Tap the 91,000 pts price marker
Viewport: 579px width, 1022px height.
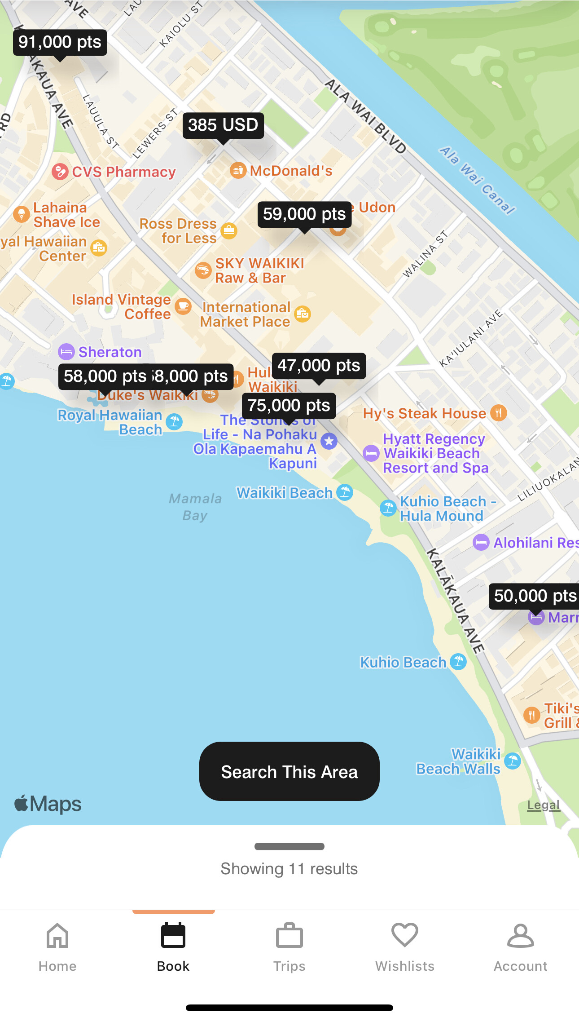(x=60, y=42)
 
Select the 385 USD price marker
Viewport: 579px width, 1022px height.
(x=223, y=125)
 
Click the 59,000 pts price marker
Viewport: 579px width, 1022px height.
(x=304, y=214)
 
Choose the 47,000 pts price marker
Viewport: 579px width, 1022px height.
(x=319, y=366)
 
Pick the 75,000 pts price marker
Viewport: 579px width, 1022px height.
(x=289, y=406)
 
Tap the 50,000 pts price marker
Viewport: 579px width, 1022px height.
(x=534, y=596)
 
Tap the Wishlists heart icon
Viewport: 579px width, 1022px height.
(x=405, y=935)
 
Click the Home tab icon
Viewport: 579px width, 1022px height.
(x=57, y=936)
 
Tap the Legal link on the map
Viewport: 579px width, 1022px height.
(x=543, y=805)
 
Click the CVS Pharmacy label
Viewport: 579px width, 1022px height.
(x=123, y=172)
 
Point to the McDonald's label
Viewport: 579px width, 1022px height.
(x=291, y=171)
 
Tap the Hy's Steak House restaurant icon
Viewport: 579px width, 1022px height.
(x=498, y=412)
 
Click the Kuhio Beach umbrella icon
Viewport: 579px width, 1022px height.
(x=458, y=662)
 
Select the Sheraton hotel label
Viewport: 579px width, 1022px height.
(x=110, y=352)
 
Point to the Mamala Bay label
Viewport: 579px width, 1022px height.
(x=195, y=507)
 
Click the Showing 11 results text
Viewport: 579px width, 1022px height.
(x=289, y=869)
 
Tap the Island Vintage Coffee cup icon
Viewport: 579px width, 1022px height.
(x=183, y=306)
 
